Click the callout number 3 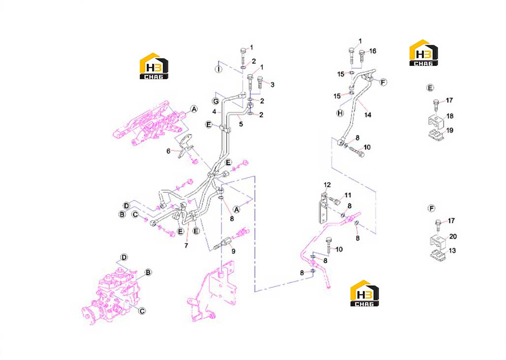tap(272, 85)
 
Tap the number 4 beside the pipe tap(214, 112)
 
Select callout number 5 tap(241, 124)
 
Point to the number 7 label tap(186, 245)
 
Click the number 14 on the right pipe tap(368, 115)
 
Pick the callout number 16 tap(373, 51)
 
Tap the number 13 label tap(452, 250)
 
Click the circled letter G tap(216, 101)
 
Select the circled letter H tap(340, 113)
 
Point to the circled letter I tap(219, 69)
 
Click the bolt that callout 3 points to tap(260, 83)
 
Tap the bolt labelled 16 tap(362, 57)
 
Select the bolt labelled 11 tap(336, 202)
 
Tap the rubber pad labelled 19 tap(437, 134)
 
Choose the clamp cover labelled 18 tap(436, 122)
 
